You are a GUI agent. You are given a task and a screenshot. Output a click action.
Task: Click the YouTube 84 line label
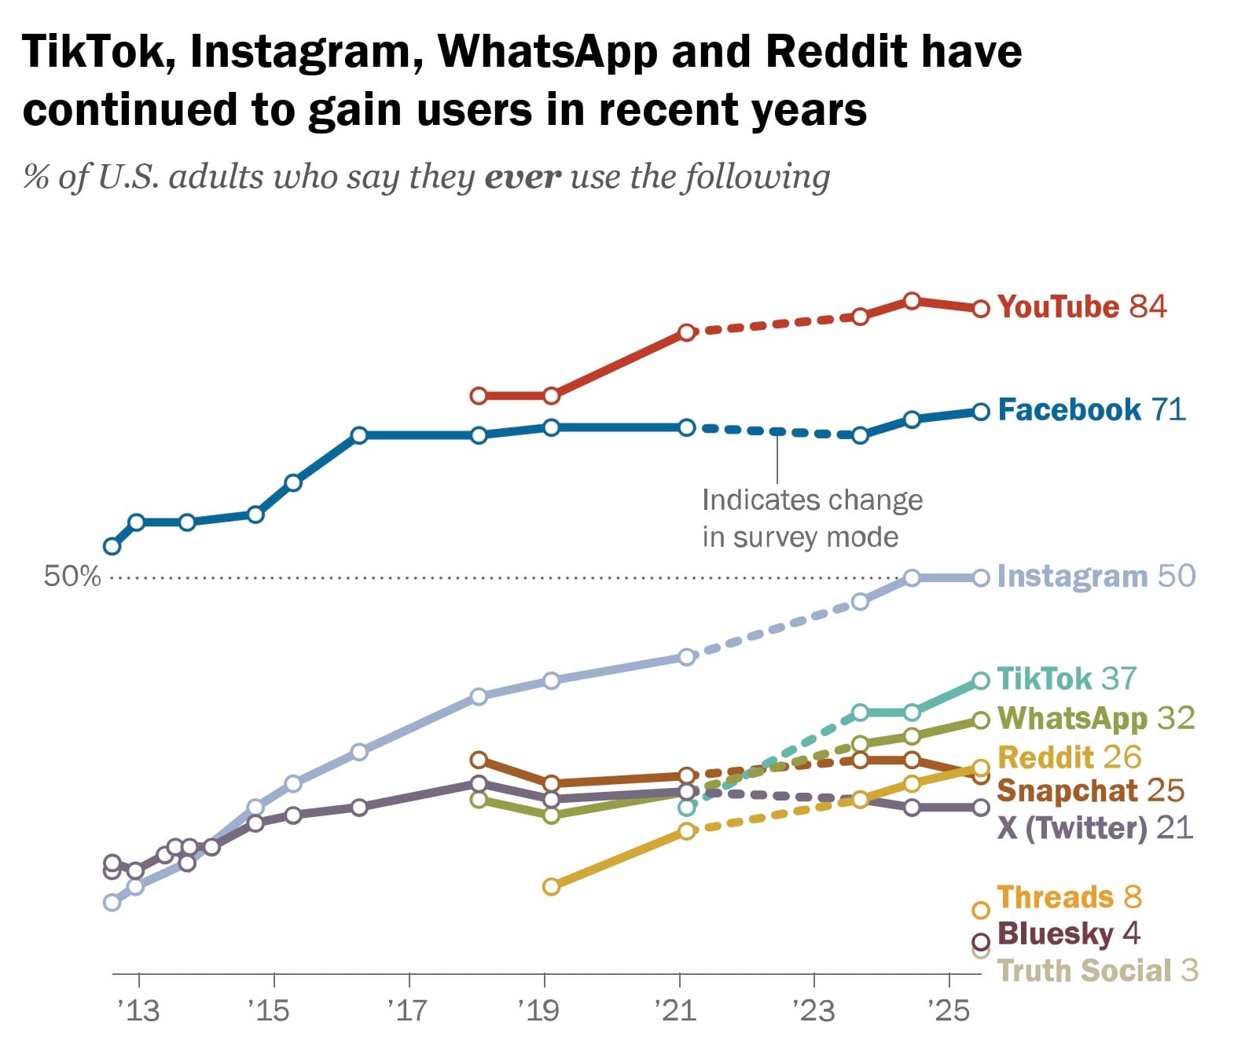point(1082,306)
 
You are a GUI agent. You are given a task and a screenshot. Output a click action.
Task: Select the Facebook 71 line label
point(1091,409)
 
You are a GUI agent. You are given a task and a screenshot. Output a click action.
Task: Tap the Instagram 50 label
point(1096,576)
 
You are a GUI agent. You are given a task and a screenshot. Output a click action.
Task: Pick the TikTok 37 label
point(1067,678)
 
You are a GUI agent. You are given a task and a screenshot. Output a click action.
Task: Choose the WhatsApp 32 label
point(1096,718)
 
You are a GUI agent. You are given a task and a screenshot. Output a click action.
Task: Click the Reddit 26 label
point(1069,757)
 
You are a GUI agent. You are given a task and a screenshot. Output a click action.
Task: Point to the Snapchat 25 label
point(1090,790)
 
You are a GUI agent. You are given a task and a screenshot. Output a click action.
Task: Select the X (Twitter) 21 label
point(1095,827)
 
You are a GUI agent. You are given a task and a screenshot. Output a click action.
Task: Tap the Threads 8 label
point(1069,896)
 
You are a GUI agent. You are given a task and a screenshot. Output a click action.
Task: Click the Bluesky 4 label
point(1068,933)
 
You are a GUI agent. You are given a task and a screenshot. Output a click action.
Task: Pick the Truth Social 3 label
point(1097,970)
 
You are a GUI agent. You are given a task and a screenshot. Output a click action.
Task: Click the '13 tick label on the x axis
point(138,1010)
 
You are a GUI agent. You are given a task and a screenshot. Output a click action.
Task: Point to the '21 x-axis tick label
point(677,1010)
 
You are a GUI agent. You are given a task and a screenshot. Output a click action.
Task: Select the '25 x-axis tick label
point(949,1010)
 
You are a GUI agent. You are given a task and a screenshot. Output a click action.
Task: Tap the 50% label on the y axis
point(72,577)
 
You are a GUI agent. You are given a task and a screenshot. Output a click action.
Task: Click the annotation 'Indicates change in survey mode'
point(812,519)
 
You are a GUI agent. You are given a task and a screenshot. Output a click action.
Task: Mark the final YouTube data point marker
point(981,309)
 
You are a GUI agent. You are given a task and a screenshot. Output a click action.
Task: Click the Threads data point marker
point(981,911)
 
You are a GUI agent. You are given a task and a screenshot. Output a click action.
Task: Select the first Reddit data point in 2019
point(551,886)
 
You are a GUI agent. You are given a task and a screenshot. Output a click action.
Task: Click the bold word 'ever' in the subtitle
point(523,177)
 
